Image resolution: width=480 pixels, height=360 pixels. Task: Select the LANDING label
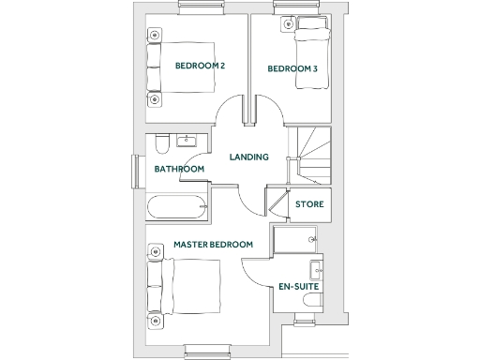pos(249,157)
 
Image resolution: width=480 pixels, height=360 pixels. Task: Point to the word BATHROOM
pos(179,170)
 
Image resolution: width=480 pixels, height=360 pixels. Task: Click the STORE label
pos(309,204)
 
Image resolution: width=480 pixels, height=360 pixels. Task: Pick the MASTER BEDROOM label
pos(214,245)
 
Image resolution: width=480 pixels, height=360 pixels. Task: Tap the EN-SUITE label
pos(297,286)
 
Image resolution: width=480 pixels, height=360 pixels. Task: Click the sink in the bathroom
pos(188,142)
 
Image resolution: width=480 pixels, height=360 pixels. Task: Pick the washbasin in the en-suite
pos(317,270)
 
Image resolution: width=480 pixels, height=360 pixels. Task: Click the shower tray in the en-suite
pos(294,241)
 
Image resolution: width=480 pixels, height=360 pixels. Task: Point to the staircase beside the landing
pos(316,157)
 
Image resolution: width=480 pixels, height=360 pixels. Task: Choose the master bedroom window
pos(206,351)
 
